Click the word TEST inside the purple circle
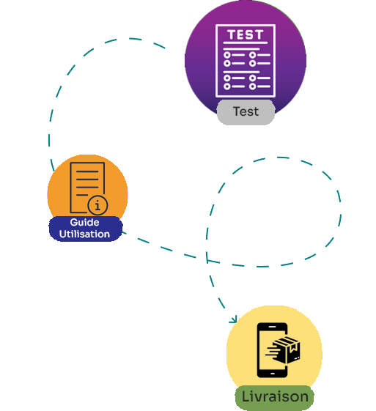245,34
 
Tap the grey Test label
246,112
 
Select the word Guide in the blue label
84,222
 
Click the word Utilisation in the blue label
84,234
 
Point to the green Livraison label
275,397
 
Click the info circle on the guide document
97,205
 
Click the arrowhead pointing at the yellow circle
233,319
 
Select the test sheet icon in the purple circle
246,61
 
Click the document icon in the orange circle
87,188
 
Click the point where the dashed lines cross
207,260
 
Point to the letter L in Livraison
245,396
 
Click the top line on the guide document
87,171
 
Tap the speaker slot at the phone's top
273,327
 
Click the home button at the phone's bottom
273,374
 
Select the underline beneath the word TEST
246,42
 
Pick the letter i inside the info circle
97,205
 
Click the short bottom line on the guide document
82,195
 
